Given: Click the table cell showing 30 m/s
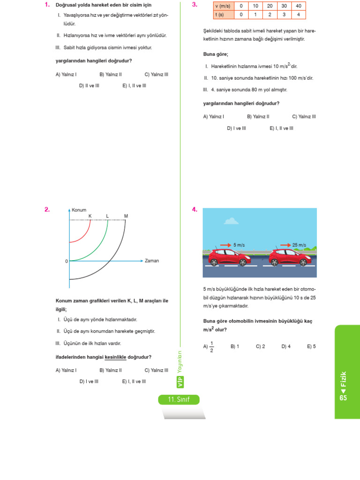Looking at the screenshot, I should pos(284,6).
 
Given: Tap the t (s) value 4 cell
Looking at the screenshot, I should pos(298,15).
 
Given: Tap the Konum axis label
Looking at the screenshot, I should pos(79,210).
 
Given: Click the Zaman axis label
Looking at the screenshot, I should pos(151,261).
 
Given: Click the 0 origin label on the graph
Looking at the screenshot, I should pos(67,261).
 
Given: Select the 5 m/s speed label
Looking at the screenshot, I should pos(239,245).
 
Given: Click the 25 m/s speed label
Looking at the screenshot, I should pos(299,245).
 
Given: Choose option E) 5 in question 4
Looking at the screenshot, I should pos(311,346).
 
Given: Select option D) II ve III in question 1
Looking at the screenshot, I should pos(89,86).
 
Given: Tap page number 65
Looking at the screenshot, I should pos(343,397).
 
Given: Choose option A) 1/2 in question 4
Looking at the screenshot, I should pos(209,347).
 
